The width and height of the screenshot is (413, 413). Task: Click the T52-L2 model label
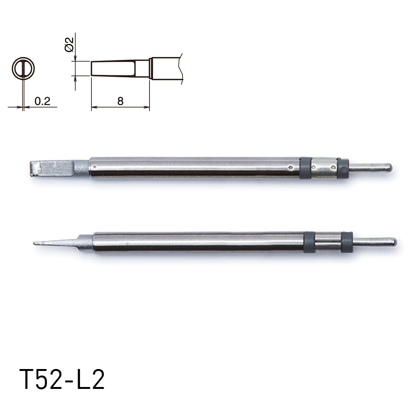[62, 379]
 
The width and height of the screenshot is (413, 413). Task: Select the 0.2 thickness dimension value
[42, 101]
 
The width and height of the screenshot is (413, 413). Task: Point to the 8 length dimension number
[120, 101]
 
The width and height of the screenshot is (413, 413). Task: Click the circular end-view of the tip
[24, 68]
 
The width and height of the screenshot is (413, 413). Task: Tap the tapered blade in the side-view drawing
[113, 68]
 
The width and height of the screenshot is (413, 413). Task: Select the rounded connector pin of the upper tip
[370, 167]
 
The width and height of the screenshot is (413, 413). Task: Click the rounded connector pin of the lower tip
[375, 242]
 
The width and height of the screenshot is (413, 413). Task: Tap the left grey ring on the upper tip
[305, 168]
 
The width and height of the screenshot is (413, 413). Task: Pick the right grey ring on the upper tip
[343, 168]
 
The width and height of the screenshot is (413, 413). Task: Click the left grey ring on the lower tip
[309, 242]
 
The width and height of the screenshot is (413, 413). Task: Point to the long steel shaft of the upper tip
[191, 167]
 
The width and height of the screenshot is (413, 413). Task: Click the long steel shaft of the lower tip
[195, 242]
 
